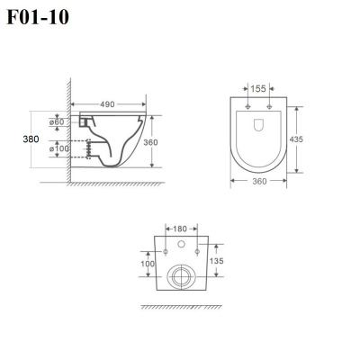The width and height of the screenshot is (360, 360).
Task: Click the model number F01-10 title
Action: pyautogui.click(x=38, y=17)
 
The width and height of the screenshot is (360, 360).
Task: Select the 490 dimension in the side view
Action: pyautogui.click(x=107, y=104)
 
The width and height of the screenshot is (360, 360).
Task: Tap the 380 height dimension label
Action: pyautogui.click(x=31, y=139)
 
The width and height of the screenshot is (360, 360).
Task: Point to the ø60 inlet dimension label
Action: pyautogui.click(x=57, y=122)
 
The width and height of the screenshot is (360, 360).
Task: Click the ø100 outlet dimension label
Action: pyautogui.click(x=59, y=148)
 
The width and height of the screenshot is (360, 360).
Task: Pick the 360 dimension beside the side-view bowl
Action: pyautogui.click(x=150, y=142)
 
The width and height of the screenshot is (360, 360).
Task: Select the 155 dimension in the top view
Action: pyautogui.click(x=258, y=89)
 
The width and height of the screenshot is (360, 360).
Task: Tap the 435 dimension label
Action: pyautogui.click(x=296, y=139)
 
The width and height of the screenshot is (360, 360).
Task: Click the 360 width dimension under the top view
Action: pyautogui.click(x=259, y=182)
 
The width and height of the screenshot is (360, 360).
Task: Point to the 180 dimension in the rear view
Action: pyautogui.click(x=180, y=229)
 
